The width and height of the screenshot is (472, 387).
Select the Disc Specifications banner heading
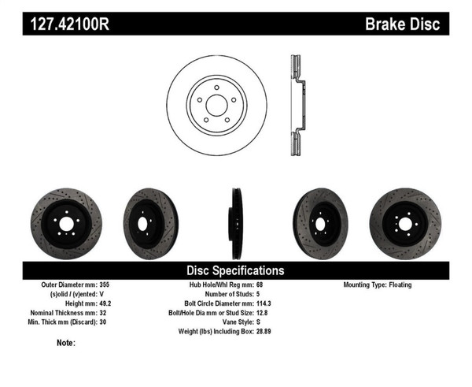(235, 270)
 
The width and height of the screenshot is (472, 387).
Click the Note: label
(66, 343)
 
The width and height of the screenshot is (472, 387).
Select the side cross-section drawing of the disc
(296, 106)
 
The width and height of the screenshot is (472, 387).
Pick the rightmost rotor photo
(405, 217)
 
